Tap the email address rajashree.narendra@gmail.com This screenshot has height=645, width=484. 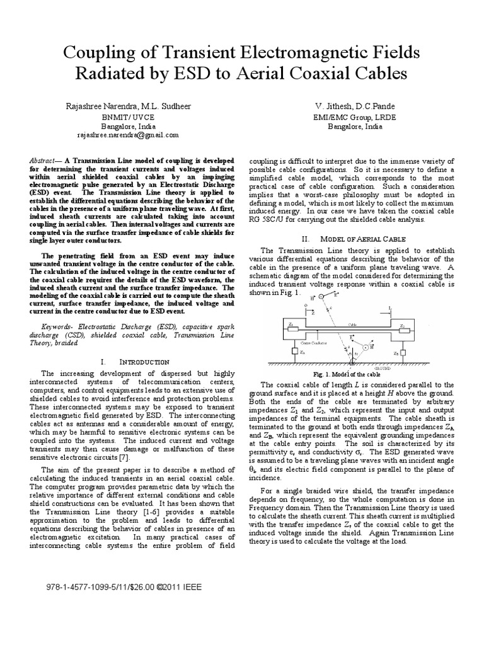click(x=128, y=134)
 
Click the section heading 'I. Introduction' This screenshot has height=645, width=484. click(x=135, y=362)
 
